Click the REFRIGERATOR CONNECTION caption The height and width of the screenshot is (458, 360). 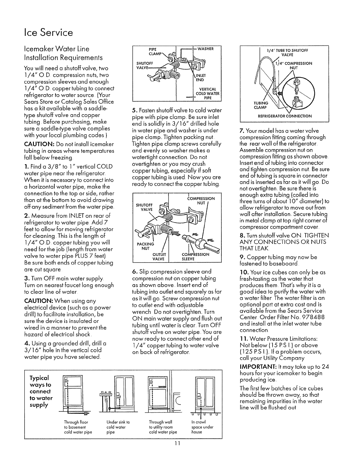pos(285,116)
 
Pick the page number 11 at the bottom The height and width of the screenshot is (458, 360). pos(180,451)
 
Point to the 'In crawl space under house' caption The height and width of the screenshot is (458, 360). pos(202,427)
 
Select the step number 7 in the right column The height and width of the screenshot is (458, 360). pos(242,131)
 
